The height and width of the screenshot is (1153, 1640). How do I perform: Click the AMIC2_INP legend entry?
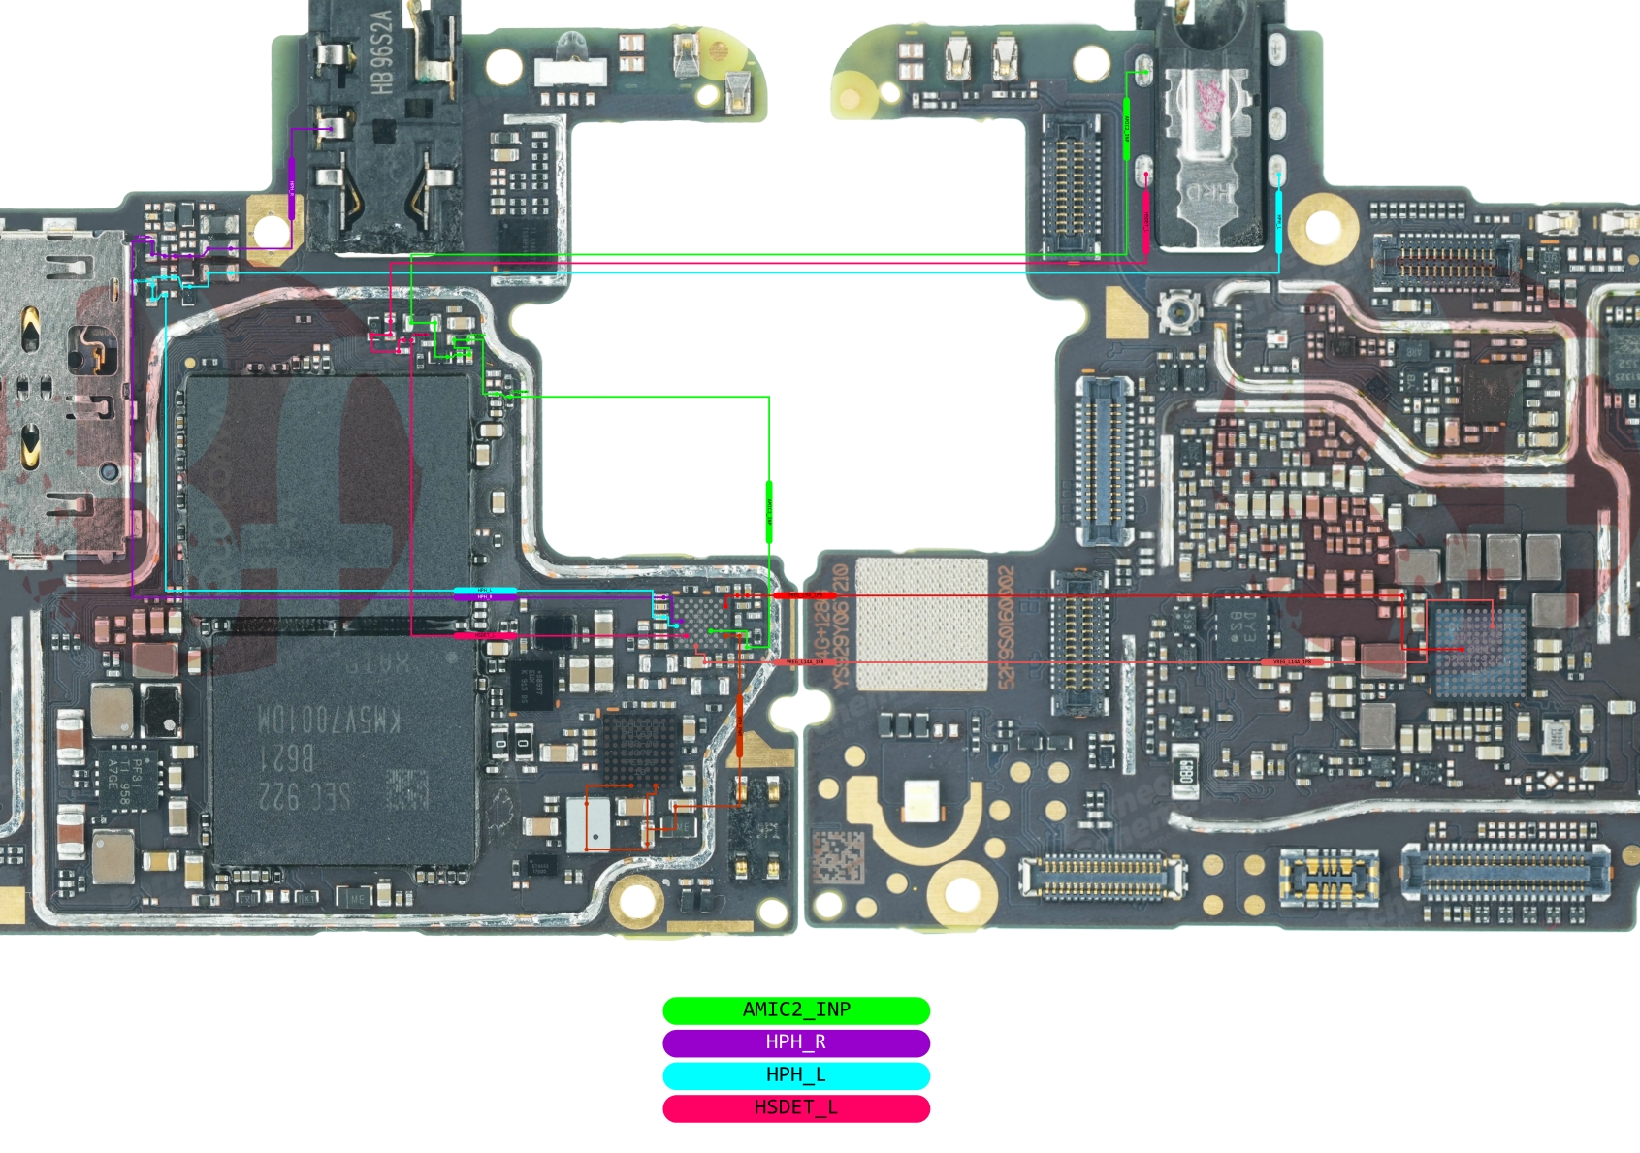pyautogui.click(x=795, y=1010)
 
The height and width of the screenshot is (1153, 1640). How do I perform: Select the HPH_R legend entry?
pyautogui.click(x=795, y=1042)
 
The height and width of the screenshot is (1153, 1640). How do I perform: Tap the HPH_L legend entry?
pyautogui.click(x=795, y=1075)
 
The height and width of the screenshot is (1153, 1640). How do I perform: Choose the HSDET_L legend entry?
pyautogui.click(x=795, y=1107)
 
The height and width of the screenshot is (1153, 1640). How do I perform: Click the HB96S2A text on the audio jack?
pyautogui.click(x=383, y=51)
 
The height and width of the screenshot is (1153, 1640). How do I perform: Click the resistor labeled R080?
pyautogui.click(x=1184, y=773)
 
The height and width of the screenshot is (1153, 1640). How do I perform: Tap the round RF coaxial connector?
pyautogui.click(x=1177, y=312)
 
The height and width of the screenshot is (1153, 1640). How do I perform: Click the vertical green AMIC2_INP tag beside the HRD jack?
pyautogui.click(x=1126, y=128)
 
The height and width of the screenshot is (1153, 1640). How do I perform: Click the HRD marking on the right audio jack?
pyautogui.click(x=1211, y=195)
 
